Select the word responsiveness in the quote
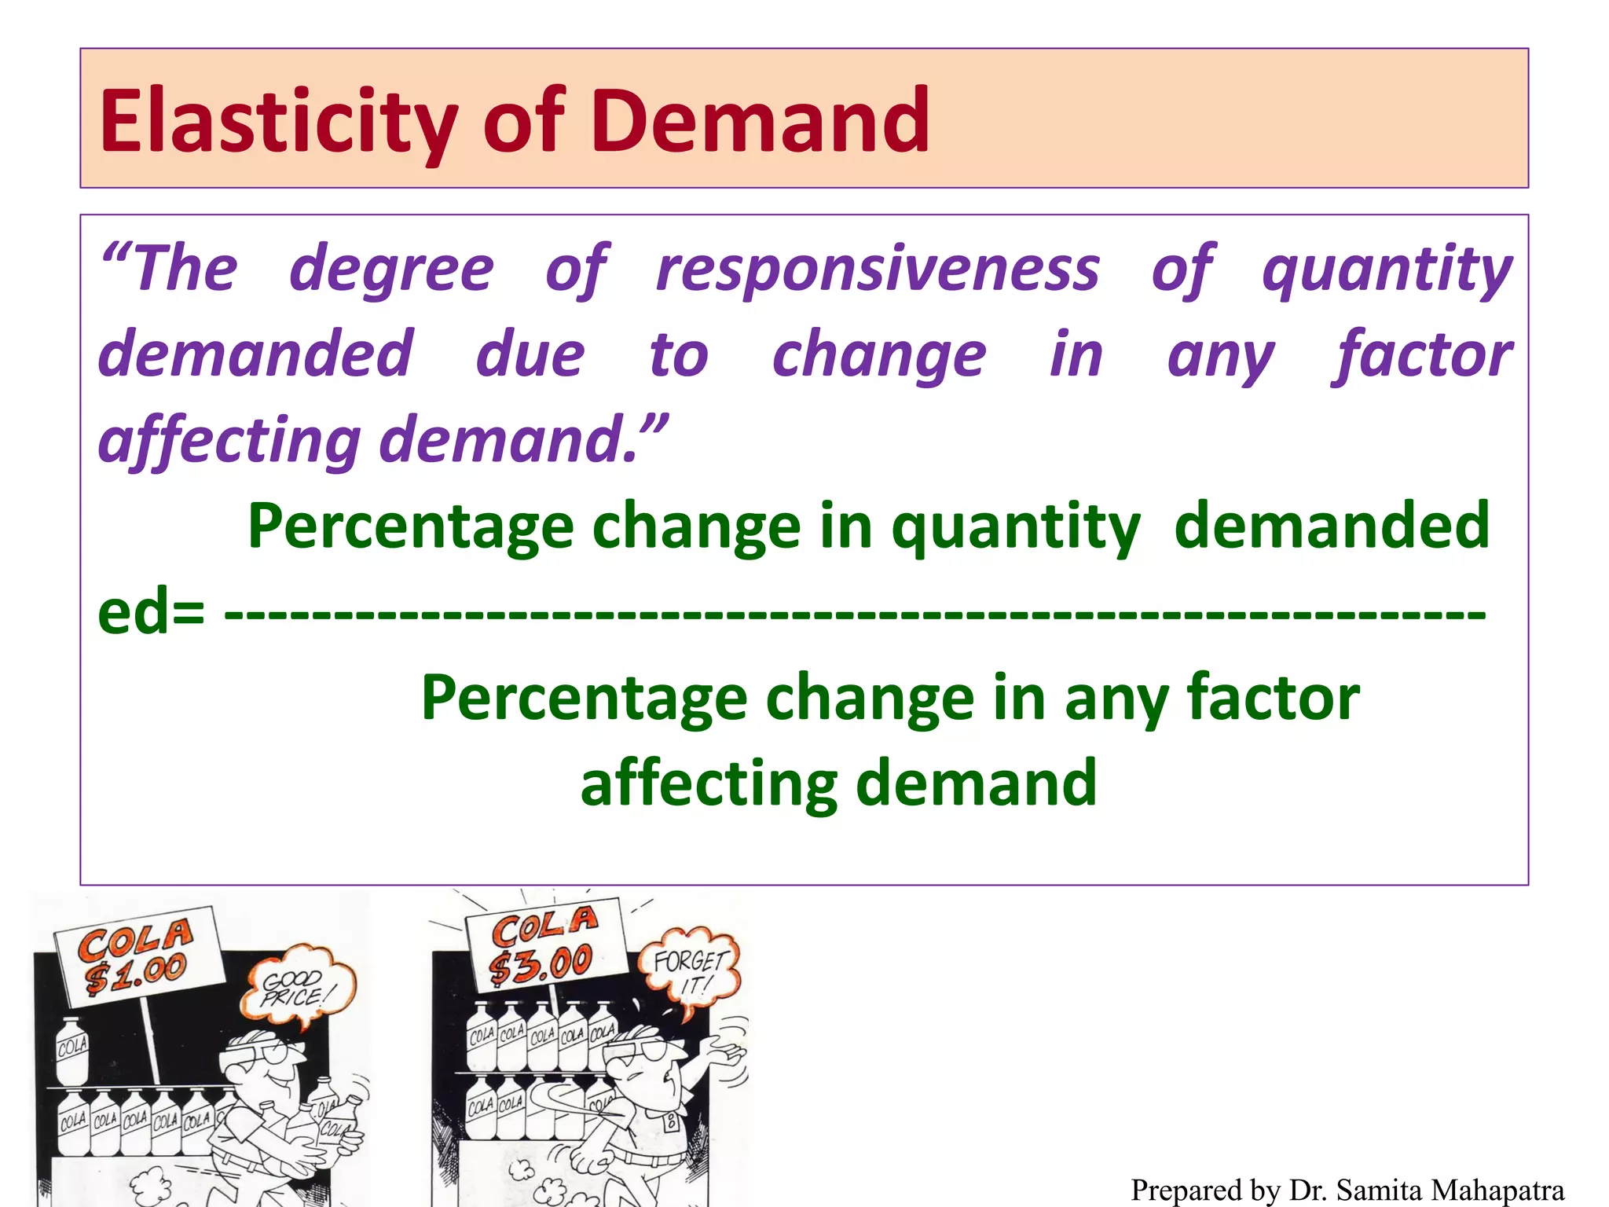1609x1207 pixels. pos(878,270)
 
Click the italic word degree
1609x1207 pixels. pos(391,270)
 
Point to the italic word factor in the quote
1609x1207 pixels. pos(1422,355)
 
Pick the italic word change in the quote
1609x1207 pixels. pos(879,355)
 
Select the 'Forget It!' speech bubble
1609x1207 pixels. pos(690,971)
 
